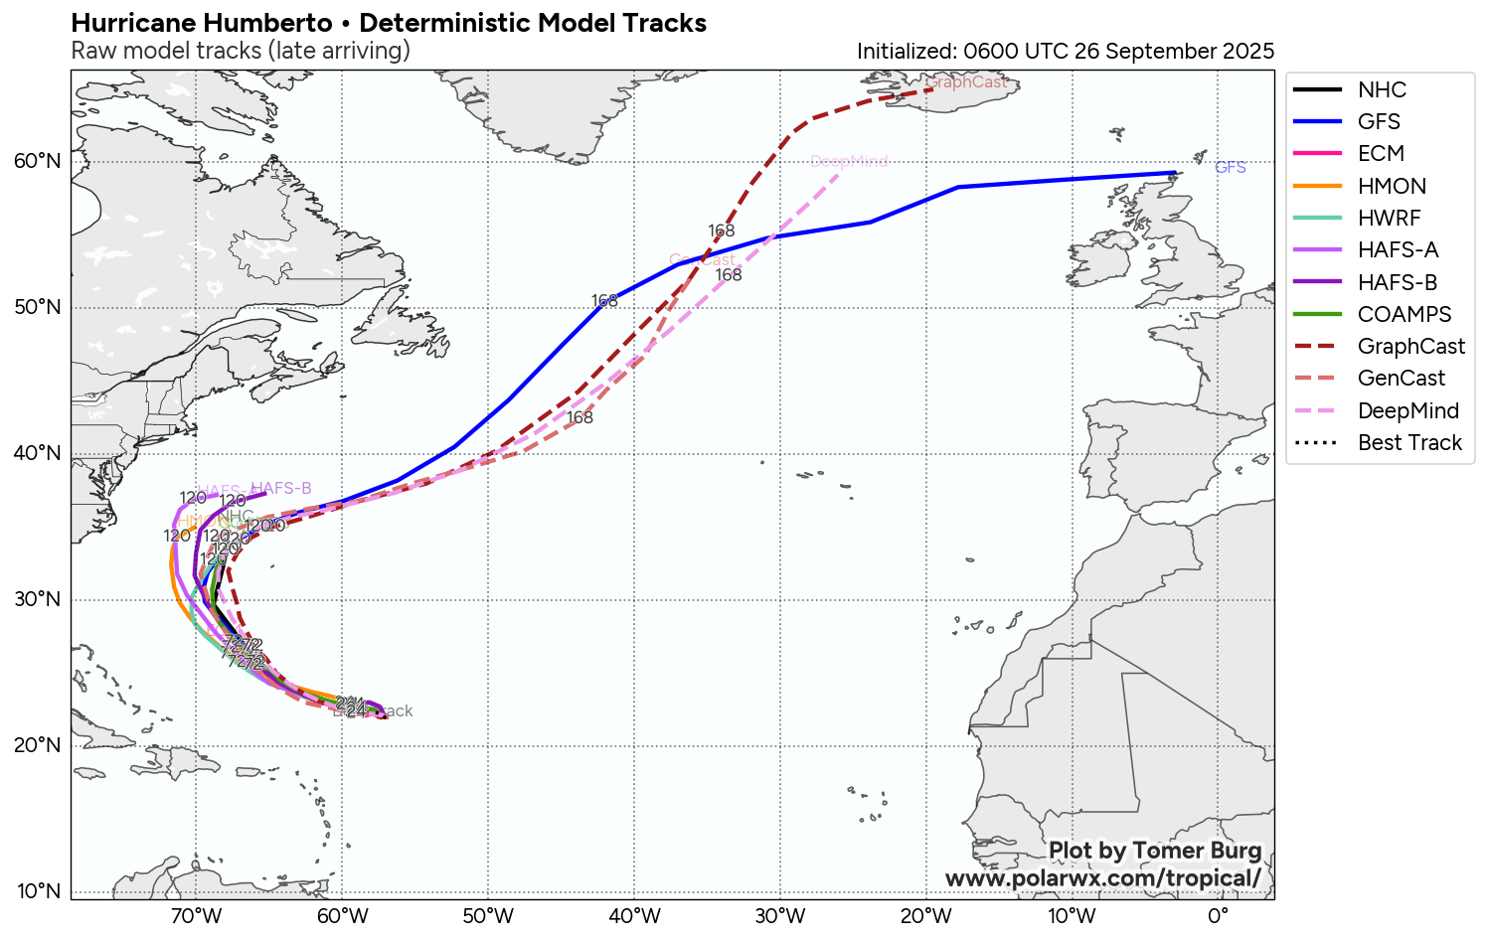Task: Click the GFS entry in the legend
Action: [1379, 121]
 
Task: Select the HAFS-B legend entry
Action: [1397, 282]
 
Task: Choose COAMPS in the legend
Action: [1404, 314]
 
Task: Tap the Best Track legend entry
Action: [1409, 442]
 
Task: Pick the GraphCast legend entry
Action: [1410, 346]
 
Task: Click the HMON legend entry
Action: [1392, 186]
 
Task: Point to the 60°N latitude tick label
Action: [38, 161]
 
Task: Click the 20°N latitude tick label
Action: [38, 745]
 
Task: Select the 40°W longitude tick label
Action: [634, 915]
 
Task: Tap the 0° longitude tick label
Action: [1218, 915]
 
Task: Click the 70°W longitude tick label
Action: [196, 915]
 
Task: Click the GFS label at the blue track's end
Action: [1230, 167]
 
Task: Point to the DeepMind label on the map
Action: [849, 161]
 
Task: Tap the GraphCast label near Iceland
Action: [965, 82]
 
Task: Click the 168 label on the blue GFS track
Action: [604, 300]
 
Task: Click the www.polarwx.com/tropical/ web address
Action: [1102, 878]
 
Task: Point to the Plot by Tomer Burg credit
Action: [1155, 851]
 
